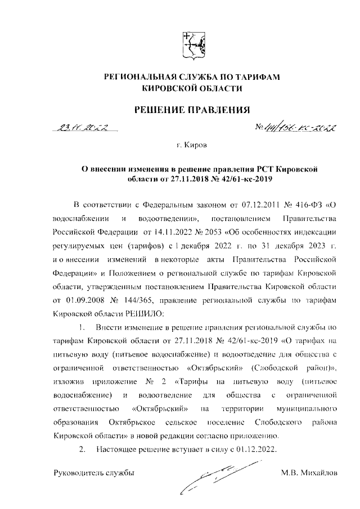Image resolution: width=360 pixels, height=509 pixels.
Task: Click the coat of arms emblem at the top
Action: pos(193,46)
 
